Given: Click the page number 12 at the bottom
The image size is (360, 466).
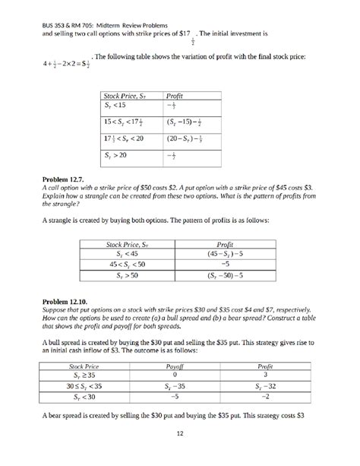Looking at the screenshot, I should [x=179, y=434].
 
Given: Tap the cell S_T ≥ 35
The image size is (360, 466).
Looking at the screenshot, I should [x=80, y=375].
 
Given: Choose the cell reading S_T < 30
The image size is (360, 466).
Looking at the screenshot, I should [x=80, y=396].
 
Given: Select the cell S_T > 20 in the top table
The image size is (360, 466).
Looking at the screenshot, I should [x=115, y=155].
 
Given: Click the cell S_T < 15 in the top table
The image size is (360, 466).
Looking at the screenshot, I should [x=115, y=106].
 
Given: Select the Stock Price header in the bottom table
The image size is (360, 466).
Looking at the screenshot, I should [x=80, y=366].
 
